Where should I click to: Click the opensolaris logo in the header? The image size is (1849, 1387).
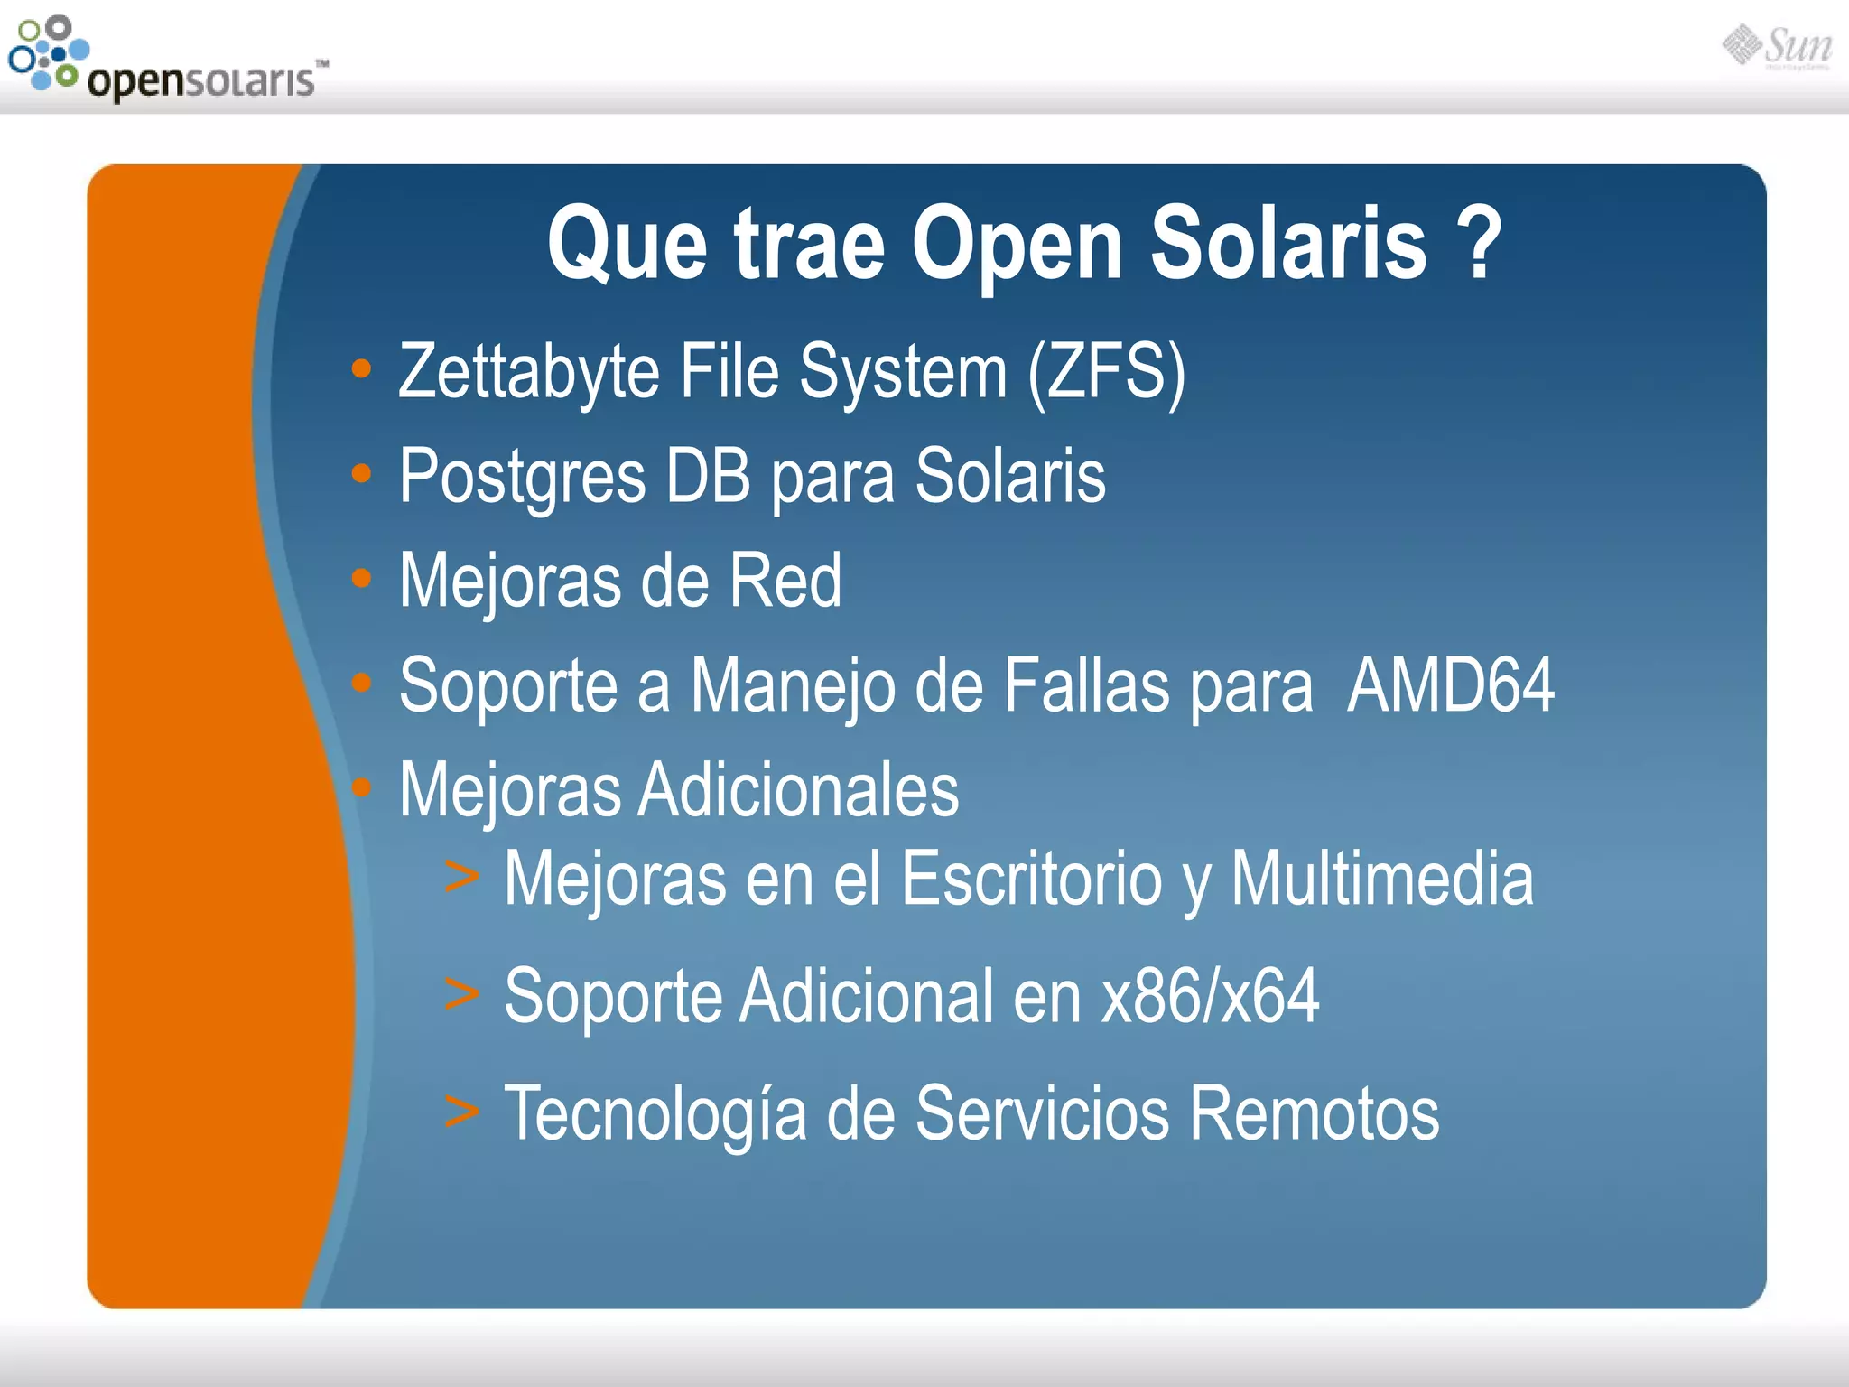pos(167,59)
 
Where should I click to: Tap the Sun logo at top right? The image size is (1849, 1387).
pos(1777,47)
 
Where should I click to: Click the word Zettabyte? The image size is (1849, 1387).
pos(529,372)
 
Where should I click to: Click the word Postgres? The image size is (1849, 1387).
pos(523,477)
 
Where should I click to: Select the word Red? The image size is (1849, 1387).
pos(785,581)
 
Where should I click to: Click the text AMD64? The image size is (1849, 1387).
pos(1450,685)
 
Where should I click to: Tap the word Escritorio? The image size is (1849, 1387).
pos(1031,879)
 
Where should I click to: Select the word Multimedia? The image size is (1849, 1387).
pos(1381,879)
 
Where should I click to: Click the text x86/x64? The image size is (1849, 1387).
pos(1210,996)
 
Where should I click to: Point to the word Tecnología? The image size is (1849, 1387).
pos(655,1114)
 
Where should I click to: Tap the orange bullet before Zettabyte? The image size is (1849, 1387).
pos(361,368)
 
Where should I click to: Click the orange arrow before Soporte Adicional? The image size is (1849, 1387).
pos(461,994)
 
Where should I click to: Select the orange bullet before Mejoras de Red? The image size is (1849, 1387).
pos(361,578)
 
